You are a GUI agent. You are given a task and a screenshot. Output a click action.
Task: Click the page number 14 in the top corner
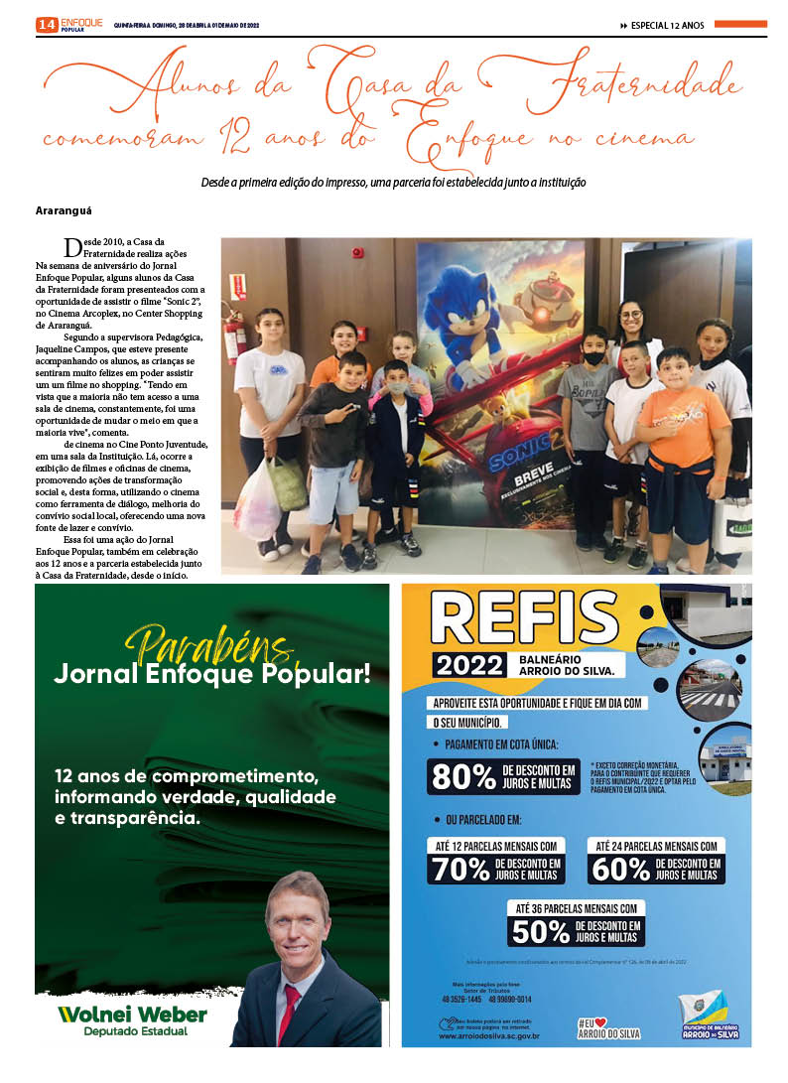point(46,25)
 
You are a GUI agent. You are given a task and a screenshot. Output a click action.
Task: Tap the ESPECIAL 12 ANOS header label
point(667,26)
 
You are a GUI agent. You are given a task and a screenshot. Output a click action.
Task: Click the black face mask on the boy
point(593,355)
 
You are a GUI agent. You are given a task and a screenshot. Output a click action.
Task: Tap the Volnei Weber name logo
point(132,1014)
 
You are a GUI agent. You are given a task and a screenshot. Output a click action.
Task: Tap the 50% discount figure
point(542,931)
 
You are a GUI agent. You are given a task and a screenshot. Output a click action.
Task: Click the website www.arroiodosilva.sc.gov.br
point(488,1035)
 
